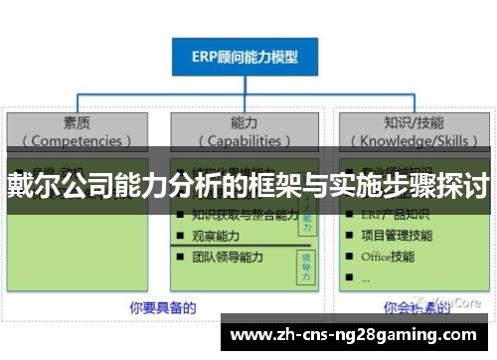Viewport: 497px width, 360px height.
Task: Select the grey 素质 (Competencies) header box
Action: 78,131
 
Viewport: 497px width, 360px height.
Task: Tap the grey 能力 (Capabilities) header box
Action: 246,131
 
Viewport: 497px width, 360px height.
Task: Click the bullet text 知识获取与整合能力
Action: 245,214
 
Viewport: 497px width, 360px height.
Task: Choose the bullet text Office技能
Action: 389,257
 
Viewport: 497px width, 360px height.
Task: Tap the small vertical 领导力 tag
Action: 306,262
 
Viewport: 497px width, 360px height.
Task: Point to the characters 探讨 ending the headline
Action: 466,186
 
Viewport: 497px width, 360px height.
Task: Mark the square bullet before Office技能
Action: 348,258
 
